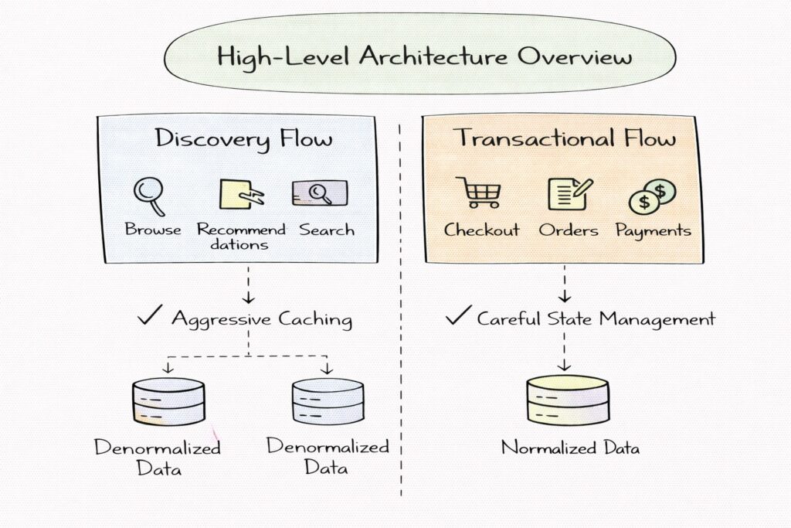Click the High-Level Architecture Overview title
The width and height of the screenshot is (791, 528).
click(x=425, y=57)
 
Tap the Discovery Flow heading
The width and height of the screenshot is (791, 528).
click(x=244, y=139)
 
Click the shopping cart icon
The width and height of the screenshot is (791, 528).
click(x=478, y=193)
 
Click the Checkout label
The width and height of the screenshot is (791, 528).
click(x=482, y=230)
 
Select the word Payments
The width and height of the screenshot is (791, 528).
click(x=653, y=230)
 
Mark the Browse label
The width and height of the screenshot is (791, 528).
click(x=153, y=230)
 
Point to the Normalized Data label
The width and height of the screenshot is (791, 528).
click(x=570, y=447)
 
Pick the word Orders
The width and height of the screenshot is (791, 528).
click(x=568, y=230)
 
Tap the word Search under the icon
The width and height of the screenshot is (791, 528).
click(x=327, y=230)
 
